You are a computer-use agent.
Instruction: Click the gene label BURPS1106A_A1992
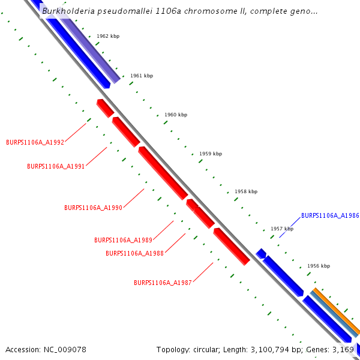(35, 142)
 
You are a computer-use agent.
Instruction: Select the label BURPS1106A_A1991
(56, 166)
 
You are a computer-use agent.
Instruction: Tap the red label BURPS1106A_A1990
(93, 208)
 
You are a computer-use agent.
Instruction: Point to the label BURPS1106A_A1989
(123, 240)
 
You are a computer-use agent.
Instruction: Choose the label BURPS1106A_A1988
(134, 253)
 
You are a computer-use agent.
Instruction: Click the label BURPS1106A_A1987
(163, 282)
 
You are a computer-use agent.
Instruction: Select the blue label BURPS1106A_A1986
(330, 215)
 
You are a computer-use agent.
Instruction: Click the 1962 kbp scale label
(108, 37)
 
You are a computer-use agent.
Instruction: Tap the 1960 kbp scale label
(176, 115)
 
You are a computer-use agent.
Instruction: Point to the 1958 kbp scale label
(246, 192)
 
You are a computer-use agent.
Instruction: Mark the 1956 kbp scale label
(319, 266)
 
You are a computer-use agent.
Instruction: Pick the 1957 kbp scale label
(282, 229)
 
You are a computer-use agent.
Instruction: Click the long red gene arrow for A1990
(163, 173)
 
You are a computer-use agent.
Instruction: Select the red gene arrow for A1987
(232, 246)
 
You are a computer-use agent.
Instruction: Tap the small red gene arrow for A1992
(105, 108)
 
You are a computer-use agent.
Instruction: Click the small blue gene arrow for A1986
(261, 253)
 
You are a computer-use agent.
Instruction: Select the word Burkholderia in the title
(68, 11)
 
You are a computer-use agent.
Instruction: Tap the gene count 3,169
(343, 349)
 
